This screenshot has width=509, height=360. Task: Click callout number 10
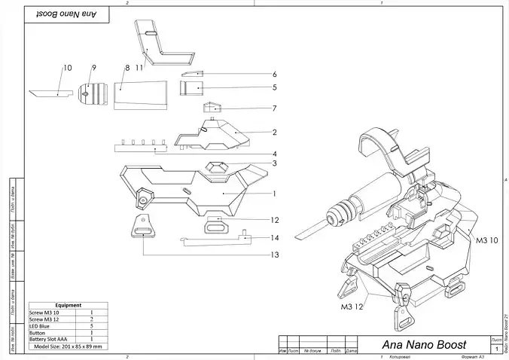67,68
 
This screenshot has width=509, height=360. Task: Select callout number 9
94,68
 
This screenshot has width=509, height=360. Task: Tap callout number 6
275,75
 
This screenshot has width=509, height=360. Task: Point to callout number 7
275,108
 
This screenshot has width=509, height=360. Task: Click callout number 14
276,238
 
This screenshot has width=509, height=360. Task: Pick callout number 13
276,255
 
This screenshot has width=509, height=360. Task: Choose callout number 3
275,163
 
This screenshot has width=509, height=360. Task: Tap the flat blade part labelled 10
47,94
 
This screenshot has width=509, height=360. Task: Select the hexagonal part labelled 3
218,167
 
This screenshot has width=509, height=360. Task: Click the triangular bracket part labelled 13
141,226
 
